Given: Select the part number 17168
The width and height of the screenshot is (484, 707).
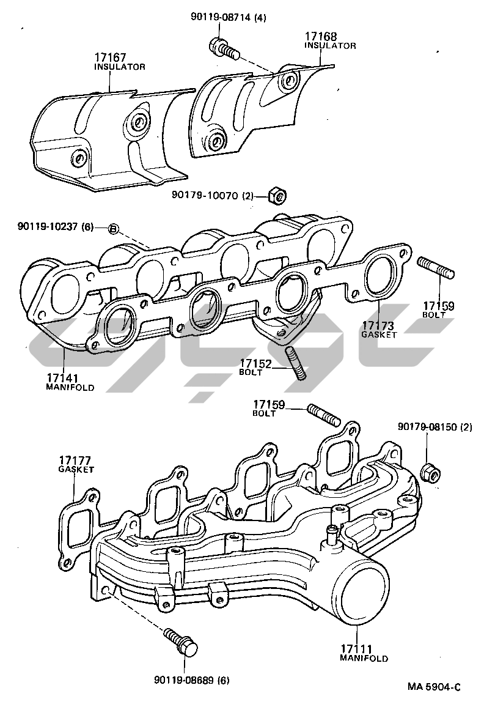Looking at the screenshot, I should tap(321, 37).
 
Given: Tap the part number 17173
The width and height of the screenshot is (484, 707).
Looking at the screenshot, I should tap(377, 326).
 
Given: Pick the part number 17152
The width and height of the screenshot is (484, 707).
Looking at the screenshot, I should tap(256, 364).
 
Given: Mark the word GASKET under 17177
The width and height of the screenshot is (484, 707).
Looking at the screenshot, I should tap(76, 470).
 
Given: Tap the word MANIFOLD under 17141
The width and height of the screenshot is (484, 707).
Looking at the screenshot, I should tap(70, 388).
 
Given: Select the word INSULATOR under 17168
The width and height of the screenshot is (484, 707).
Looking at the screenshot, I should tap(331, 45).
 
